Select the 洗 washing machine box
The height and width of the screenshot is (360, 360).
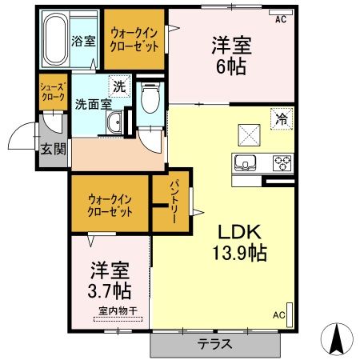click(118, 86)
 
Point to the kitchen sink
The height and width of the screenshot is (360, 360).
click(245, 162)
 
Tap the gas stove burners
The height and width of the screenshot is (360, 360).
click(282, 162)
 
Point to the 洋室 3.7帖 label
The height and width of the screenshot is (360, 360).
click(110, 278)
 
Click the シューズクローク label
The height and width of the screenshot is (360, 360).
click(54, 92)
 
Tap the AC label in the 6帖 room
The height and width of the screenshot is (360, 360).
click(280, 18)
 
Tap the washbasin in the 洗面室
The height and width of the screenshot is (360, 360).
click(114, 123)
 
